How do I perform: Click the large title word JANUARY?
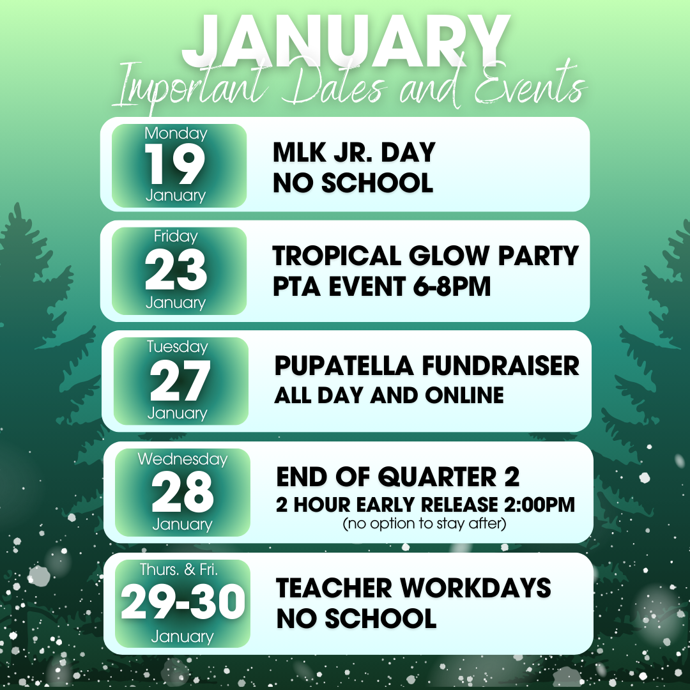[346, 42]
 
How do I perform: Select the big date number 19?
[174, 164]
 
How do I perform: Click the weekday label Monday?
[176, 134]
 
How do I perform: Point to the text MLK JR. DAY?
[354, 152]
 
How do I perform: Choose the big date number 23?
[176, 270]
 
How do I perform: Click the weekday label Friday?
[176, 237]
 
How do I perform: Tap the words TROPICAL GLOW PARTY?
[425, 256]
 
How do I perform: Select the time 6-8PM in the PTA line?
[452, 287]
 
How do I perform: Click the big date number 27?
[180, 380]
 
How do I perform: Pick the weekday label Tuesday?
[178, 347]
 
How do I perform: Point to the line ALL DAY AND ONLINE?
[389, 395]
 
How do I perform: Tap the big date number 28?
[182, 491]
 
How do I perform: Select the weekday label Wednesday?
[183, 459]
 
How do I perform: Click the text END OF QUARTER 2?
[398, 477]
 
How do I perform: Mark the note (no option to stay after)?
[424, 523]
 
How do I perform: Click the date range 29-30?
[183, 602]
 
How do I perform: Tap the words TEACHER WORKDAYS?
[413, 588]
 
